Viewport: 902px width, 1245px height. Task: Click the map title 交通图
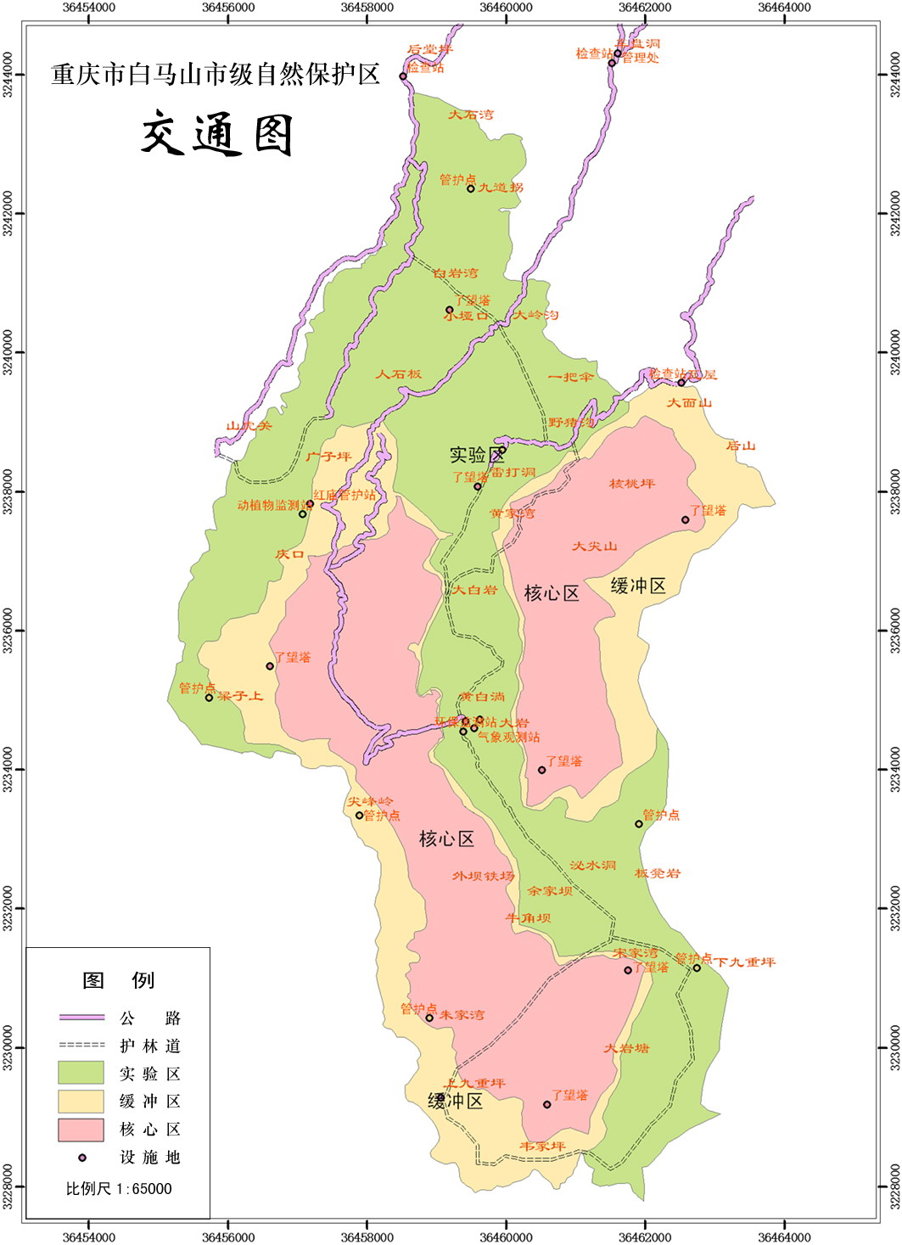[x=217, y=135]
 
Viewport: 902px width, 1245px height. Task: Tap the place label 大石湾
[x=470, y=115]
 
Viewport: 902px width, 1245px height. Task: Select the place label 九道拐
[x=501, y=188]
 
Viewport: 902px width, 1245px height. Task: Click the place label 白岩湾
[x=455, y=273]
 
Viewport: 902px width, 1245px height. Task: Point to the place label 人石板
[x=398, y=373]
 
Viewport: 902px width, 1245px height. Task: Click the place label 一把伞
[x=570, y=377]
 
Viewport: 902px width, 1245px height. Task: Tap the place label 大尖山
[x=594, y=547]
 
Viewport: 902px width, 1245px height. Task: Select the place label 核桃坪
[x=632, y=484]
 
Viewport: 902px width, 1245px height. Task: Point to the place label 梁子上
[x=240, y=696]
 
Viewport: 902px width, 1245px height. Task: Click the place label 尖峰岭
[x=370, y=801]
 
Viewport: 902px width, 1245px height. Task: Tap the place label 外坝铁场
[x=483, y=876]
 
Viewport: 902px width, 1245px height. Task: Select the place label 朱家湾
[x=462, y=1015]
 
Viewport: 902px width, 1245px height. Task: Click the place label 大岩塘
[x=626, y=1048]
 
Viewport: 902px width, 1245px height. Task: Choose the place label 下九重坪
[x=744, y=962]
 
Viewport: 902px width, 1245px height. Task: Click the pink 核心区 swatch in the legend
[x=81, y=1130]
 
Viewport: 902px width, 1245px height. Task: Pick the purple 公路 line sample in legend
[x=81, y=1018]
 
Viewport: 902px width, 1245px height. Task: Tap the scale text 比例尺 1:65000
[x=119, y=1189]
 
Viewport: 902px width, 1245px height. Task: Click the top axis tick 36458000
[x=367, y=8]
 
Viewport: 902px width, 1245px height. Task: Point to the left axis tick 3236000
[x=8, y=631]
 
